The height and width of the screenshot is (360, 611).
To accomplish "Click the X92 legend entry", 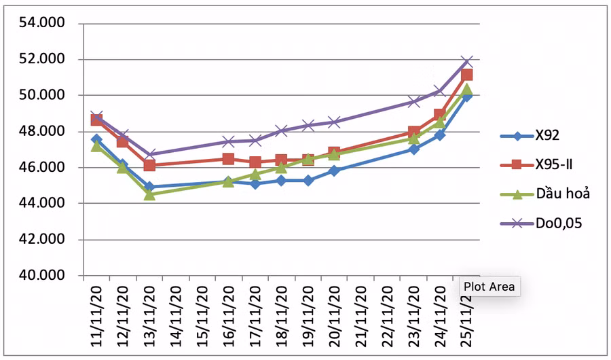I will [547, 136].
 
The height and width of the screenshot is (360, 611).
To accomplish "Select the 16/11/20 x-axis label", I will [228, 317].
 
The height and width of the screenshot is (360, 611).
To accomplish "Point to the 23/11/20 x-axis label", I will [413, 317].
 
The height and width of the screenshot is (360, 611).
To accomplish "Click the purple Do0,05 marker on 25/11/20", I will [466, 62].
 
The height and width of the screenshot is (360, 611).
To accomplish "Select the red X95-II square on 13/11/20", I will [149, 165].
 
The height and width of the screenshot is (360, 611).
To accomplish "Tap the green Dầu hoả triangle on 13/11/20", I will [149, 194].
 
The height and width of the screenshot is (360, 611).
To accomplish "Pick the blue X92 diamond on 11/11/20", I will [96, 139].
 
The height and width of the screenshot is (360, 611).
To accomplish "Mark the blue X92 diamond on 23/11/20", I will [413, 149].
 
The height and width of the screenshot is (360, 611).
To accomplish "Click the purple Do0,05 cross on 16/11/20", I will [228, 142].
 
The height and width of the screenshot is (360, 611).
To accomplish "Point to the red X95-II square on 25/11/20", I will [466, 75].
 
